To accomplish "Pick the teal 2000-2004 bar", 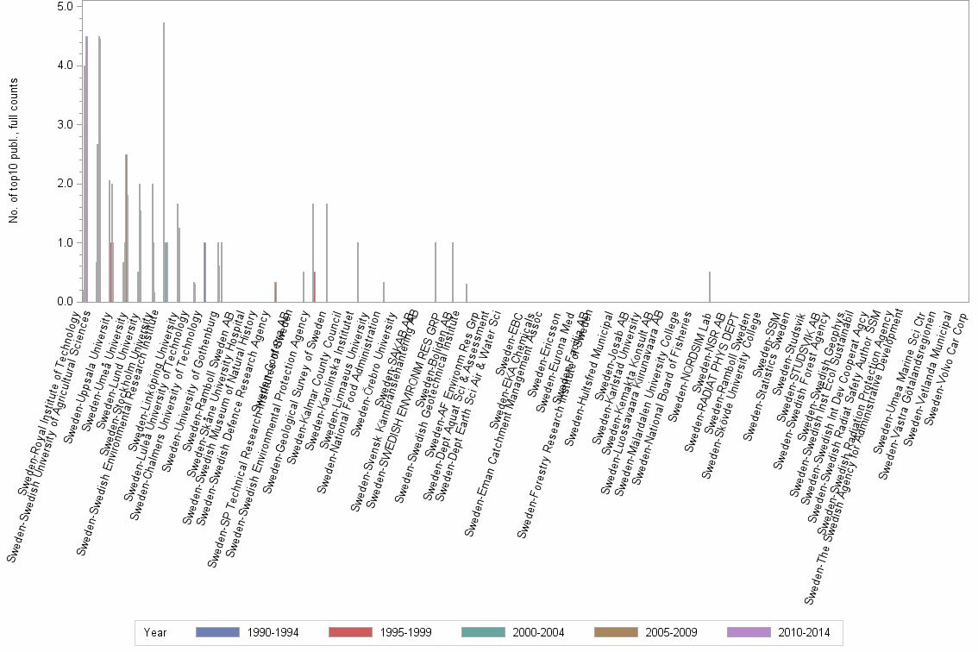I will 166,272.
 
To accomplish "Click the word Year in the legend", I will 155,632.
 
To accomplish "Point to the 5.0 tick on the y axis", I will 65,6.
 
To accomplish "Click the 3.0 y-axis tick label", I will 65,124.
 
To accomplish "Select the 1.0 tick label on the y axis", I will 65,242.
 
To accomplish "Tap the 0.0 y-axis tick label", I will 65,302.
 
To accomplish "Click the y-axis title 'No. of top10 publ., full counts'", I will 14,151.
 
